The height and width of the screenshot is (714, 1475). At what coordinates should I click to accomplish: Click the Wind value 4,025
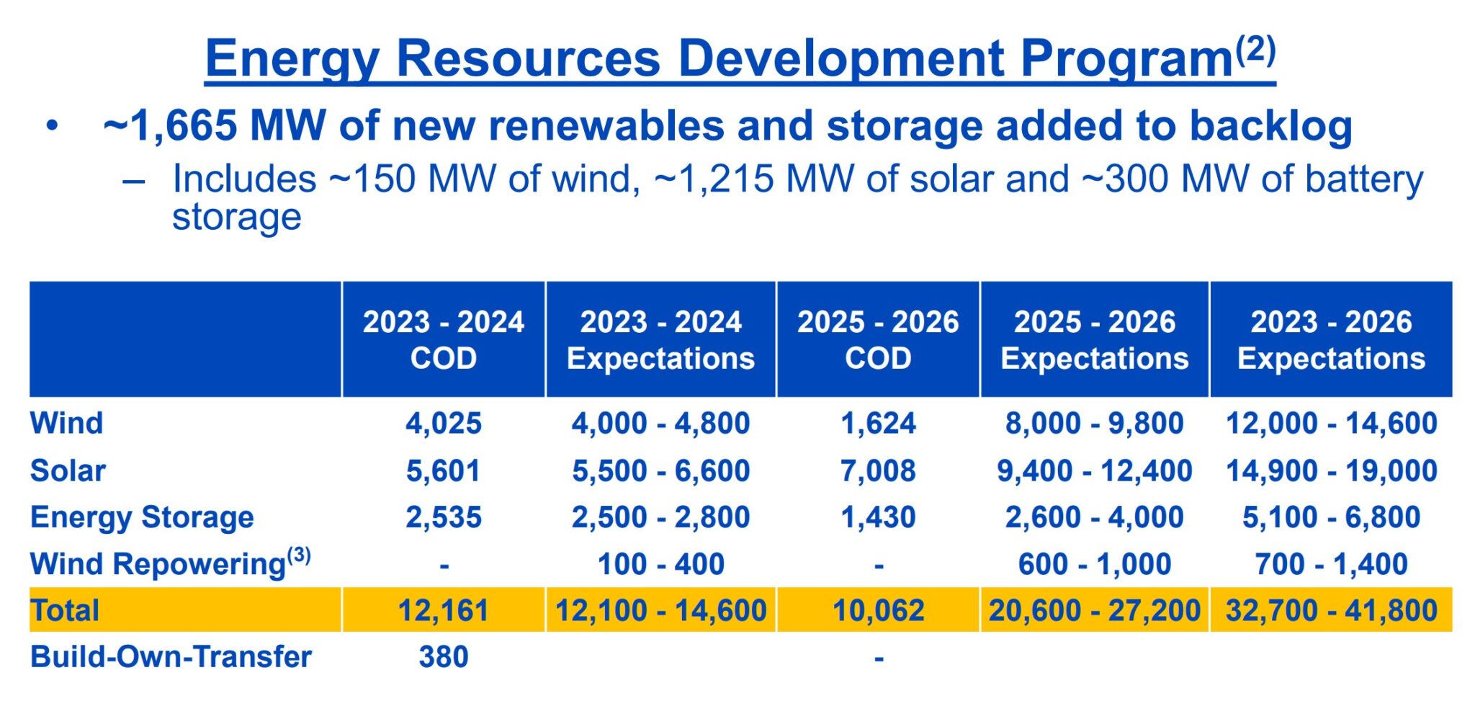444,423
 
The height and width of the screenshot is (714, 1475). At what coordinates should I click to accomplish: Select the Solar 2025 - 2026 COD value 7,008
878,470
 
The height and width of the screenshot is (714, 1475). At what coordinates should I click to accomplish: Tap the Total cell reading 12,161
444,610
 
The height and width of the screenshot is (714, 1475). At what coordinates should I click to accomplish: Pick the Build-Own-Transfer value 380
444,656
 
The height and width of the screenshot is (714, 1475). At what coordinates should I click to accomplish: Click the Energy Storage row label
142,517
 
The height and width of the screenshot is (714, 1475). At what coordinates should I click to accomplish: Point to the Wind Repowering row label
158,563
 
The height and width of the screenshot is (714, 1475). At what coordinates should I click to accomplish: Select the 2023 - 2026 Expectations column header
1331,339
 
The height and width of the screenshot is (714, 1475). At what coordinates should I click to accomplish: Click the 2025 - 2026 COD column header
878,339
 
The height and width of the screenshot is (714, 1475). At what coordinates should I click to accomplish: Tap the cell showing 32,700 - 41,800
1331,610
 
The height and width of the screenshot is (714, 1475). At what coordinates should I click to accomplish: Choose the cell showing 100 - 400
660,563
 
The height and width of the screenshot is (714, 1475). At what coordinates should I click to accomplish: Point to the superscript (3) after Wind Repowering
299,555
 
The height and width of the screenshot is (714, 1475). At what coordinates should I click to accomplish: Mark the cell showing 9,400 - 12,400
1094,470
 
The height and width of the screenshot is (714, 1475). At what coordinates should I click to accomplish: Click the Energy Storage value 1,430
878,517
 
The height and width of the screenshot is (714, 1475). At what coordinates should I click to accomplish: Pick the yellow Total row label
65,610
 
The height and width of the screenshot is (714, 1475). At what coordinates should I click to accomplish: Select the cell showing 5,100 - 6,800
1331,517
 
